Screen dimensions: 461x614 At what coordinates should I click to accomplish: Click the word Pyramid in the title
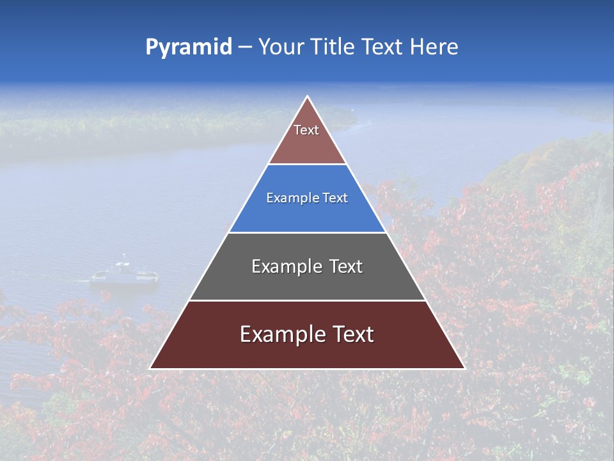188,47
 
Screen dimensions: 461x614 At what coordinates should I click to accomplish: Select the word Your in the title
281,47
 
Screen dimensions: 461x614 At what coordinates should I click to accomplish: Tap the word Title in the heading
333,47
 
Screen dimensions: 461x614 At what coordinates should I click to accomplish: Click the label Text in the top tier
306,130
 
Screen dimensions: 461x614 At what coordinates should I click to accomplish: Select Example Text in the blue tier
307,198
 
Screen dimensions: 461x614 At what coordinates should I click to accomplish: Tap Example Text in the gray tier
307,266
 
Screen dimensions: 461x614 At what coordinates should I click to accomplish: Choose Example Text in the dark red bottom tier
307,334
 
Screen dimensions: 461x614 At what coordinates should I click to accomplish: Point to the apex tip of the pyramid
307,97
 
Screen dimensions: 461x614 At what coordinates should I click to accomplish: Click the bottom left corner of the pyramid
150,368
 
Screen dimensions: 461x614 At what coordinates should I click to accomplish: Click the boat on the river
124,273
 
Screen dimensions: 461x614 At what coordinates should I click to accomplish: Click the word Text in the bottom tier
351,334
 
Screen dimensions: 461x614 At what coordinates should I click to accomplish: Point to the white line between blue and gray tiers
307,232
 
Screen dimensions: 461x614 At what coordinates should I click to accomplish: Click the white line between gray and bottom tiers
307,300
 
